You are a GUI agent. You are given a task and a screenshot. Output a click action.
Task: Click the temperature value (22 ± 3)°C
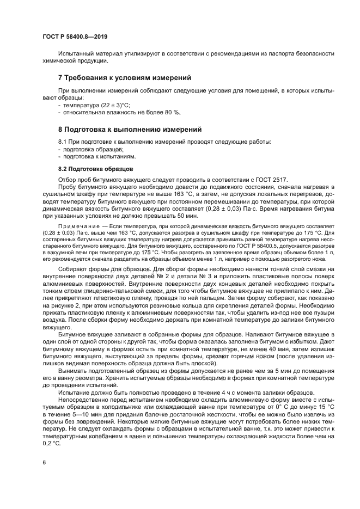point(113,105)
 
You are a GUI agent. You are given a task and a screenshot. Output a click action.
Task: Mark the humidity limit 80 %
point(171,112)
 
